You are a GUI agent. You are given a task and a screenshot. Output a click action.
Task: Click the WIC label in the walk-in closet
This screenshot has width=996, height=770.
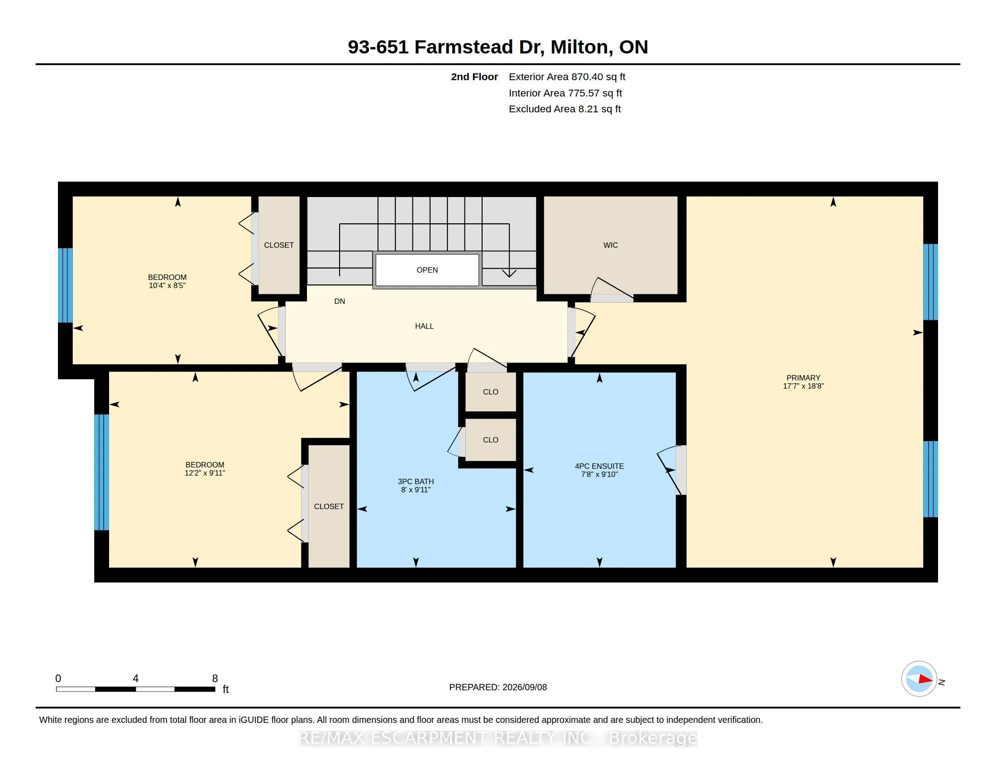coord(610,245)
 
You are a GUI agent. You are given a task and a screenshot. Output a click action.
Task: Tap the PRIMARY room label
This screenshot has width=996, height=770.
coord(803,378)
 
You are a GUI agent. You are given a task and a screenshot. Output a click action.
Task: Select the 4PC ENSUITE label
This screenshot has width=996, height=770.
coord(599,466)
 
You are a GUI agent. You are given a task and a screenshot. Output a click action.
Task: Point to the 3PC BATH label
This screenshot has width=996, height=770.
coord(416,482)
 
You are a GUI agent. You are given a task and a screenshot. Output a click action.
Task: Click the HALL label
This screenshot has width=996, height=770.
coord(424,326)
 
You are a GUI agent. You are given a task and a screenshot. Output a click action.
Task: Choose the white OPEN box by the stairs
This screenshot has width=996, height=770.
coord(427,270)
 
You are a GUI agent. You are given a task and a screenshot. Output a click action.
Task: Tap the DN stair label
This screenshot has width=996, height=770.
coord(340,302)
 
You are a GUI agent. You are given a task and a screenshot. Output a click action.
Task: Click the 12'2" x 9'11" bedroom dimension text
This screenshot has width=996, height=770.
coord(205,473)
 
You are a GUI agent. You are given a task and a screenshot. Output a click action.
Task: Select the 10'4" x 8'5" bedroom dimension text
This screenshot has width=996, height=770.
coord(167,285)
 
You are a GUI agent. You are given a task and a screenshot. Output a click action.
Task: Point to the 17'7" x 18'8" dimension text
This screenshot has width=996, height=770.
coord(803,386)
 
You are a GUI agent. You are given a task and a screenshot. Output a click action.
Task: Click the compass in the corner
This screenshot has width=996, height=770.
coord(919,679)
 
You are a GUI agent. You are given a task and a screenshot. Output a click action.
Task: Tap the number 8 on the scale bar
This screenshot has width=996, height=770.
coord(215,679)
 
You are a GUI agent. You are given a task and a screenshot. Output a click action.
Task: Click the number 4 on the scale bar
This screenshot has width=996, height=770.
coord(135,679)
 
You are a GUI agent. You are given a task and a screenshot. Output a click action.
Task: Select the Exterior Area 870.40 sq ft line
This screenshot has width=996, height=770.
coord(567,77)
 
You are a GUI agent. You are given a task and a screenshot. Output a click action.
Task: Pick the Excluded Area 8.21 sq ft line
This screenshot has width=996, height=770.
coord(565,109)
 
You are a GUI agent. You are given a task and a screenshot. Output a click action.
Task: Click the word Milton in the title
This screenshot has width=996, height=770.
coord(579,47)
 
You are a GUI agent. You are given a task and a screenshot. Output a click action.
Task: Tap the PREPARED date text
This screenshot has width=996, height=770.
coord(498,687)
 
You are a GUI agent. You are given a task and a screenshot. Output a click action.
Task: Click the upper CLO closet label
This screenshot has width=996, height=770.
coord(490,392)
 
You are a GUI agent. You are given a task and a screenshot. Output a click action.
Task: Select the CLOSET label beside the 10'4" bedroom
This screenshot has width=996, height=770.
coord(278,245)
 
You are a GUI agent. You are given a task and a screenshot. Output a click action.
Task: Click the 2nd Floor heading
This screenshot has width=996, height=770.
coord(474,77)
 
